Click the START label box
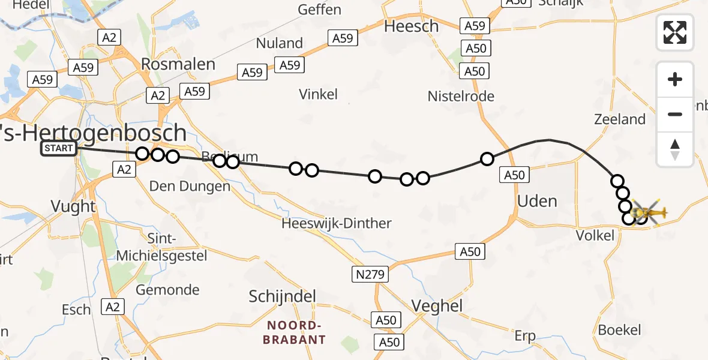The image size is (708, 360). coord(59,148)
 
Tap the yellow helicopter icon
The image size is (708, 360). coord(650,212)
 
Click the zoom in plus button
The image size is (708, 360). coord(675,79)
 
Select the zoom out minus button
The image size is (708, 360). coord(675,114)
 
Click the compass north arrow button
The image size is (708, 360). coord(675,149)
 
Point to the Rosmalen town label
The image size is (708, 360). coord(178,64)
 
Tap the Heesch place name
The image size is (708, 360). coord(412,26)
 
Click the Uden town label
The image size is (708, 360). coord(537,201)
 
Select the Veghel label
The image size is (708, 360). coord(437,306)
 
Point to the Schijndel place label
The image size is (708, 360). coord(282,296)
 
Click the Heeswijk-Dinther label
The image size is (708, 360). coord(337,224)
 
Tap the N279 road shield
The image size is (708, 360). coord(370,275)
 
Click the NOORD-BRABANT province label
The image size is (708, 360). coord(296,332)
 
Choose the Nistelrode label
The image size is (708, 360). coord(461,96)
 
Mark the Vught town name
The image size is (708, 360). coord(73,206)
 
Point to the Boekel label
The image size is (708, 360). coord(619,330)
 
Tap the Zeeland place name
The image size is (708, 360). coord(619,119)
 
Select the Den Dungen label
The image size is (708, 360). coord(190,186)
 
